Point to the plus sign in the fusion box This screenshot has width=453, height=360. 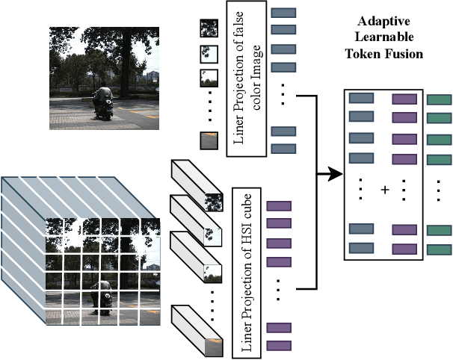click(x=385, y=190)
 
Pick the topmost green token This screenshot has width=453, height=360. click(x=439, y=99)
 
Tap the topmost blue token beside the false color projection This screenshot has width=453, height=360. click(x=283, y=13)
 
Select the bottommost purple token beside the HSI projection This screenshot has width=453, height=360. click(x=278, y=345)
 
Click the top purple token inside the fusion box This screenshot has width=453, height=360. click(x=404, y=98)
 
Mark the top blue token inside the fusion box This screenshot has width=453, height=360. click(x=362, y=98)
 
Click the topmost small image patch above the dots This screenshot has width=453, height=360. click(x=209, y=29)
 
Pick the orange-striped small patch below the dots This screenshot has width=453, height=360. click(x=209, y=140)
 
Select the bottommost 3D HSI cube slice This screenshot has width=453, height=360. click(x=196, y=328)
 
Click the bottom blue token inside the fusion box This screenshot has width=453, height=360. click(x=362, y=248)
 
